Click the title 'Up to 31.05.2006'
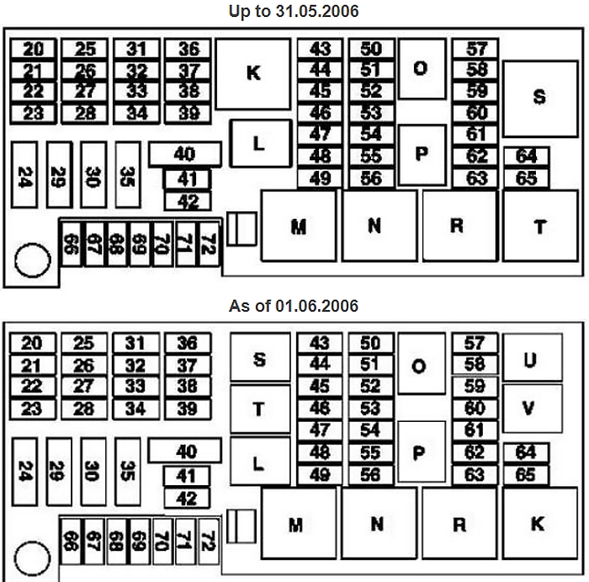point(294,11)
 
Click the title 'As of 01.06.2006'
point(294,306)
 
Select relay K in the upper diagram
point(253,74)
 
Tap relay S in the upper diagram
point(540,99)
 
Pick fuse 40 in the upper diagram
point(185,154)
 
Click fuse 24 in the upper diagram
point(24,175)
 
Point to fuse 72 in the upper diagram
point(210,244)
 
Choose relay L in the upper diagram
point(261,144)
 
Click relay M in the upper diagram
point(299,226)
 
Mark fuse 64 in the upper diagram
point(526,156)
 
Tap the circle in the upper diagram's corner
point(33,260)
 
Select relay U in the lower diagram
point(533,357)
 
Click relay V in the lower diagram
point(533,408)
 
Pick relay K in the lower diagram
point(540,523)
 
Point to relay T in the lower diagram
point(260,408)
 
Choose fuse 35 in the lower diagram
point(128,472)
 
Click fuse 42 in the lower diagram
point(187,499)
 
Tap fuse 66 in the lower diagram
point(71,542)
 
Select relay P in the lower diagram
point(422,452)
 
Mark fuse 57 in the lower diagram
point(475,344)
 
